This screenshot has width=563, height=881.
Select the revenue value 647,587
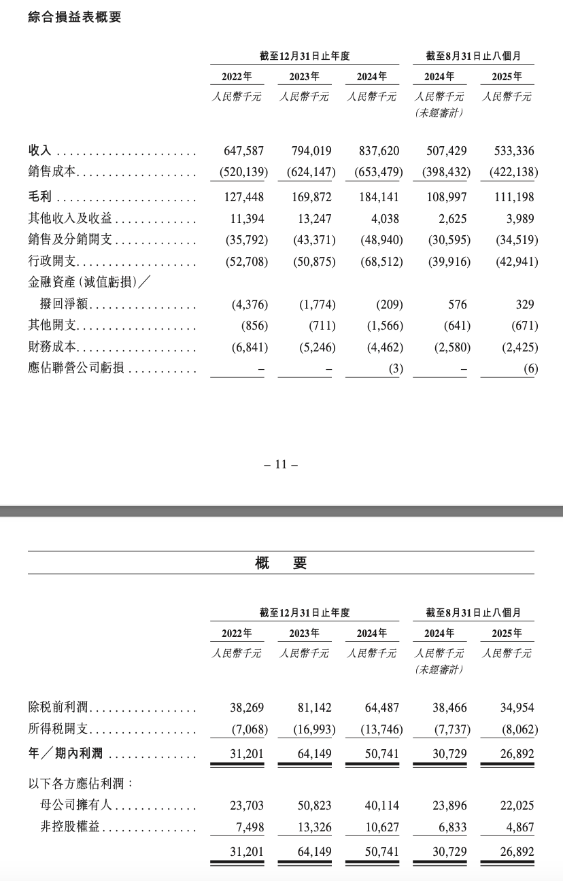(x=243, y=151)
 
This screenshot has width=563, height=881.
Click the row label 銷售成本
(x=53, y=173)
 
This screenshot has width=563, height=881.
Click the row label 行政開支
(x=53, y=262)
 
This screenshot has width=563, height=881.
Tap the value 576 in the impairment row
(x=455, y=305)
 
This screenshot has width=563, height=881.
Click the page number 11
(x=281, y=465)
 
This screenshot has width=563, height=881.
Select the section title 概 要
(x=281, y=563)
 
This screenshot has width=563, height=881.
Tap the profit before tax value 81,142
(x=313, y=708)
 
